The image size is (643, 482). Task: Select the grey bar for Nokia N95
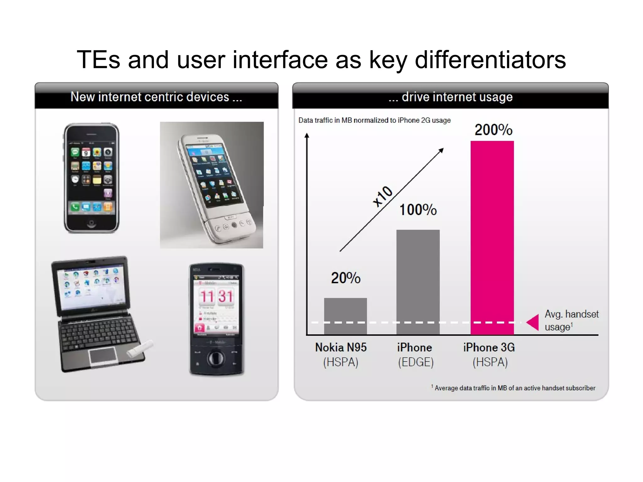pos(345,316)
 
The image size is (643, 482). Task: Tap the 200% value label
pos(493,130)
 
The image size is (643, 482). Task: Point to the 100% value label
pos(418,210)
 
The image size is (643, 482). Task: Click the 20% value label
pos(346,278)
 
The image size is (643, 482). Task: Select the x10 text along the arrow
pos(382,196)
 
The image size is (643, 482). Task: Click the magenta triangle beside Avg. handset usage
pos(533,322)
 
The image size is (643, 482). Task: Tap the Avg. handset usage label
pos(571,320)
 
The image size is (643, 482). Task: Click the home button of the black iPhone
pos(91,223)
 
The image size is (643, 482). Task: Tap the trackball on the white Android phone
pos(234,225)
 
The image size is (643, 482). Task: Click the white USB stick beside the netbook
pos(140,349)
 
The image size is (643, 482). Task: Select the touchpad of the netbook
pos(103,356)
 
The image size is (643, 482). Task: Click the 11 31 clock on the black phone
pos(216,296)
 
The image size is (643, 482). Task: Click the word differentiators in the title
pos(490,60)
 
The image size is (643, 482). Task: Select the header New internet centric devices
pos(156,97)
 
